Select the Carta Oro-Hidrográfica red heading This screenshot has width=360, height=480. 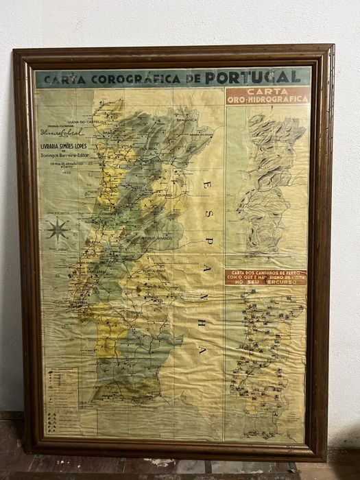[267, 95]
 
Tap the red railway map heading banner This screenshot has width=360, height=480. [265, 277]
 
